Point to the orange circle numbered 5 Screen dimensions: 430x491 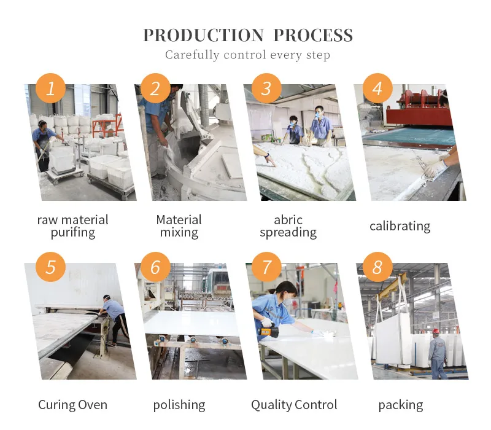[50, 267]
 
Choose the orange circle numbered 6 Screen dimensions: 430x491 [155, 267]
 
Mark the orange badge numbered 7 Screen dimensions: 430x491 [266, 267]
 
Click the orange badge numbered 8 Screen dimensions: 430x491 [377, 267]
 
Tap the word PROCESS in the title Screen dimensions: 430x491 [313, 35]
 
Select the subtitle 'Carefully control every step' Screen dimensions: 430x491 [247, 55]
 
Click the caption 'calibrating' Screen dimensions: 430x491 [400, 226]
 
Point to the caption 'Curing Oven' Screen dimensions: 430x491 [72, 405]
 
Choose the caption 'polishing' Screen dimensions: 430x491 [179, 405]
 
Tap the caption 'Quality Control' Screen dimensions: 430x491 [294, 405]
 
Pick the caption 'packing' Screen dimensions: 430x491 [400, 405]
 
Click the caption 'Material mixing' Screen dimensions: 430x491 [179, 226]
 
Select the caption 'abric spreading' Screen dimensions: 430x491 [288, 226]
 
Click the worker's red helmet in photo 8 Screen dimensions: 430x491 [436, 332]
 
